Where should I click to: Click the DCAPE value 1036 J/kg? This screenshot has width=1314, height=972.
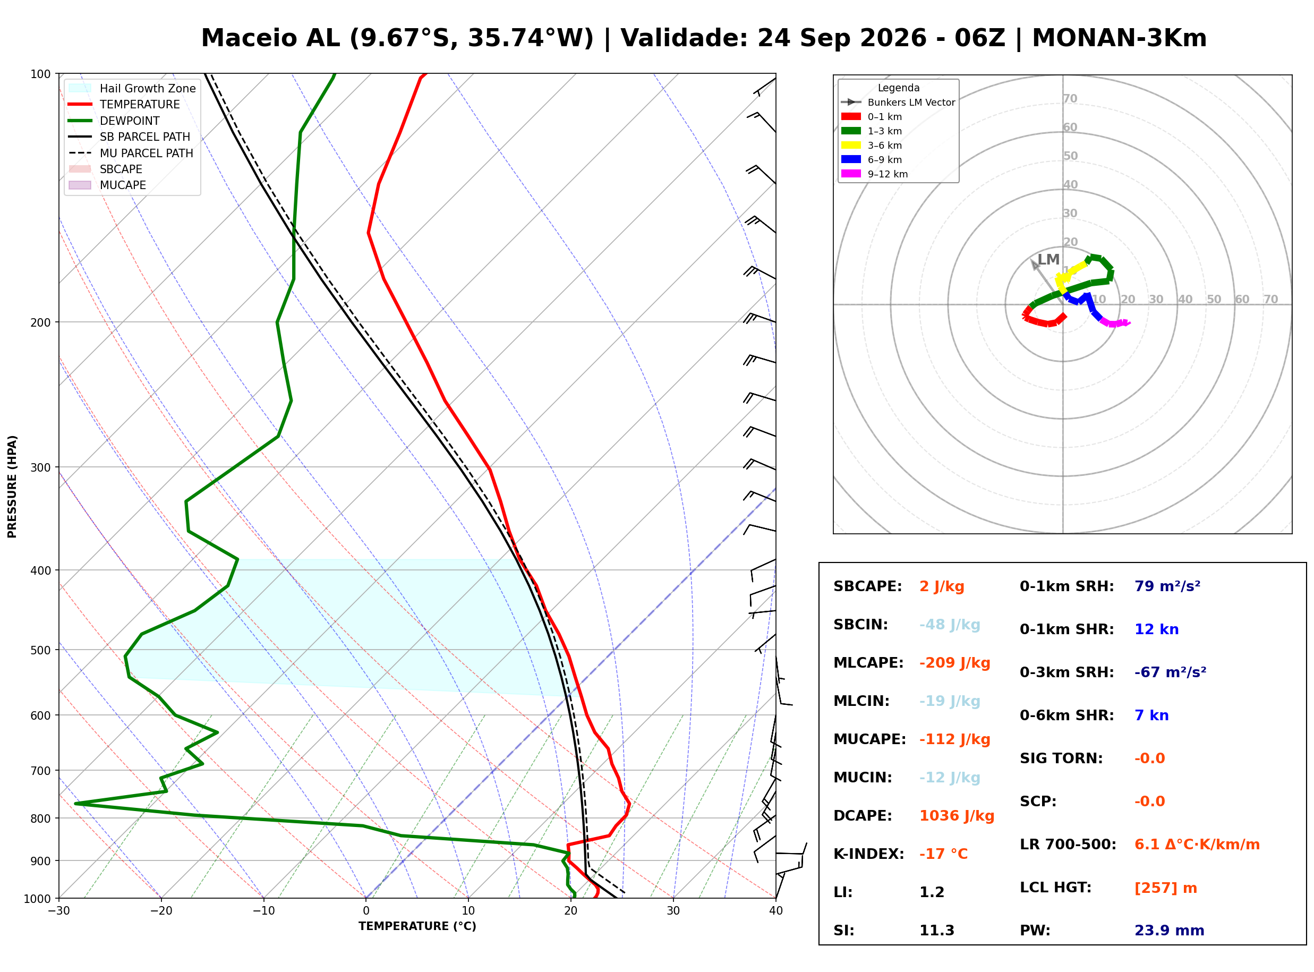coord(957,816)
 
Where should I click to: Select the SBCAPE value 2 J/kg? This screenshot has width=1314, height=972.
coord(942,586)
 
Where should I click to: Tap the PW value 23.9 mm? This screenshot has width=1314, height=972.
coord(1170,931)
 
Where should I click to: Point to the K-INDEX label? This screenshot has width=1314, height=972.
coord(869,854)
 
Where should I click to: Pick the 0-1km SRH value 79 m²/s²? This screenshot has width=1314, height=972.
coord(1167,586)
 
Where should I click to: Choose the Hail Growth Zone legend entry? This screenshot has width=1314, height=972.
coord(132,88)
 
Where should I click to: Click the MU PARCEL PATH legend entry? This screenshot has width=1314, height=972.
coord(131,153)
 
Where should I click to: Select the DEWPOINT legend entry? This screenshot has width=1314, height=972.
coord(114,121)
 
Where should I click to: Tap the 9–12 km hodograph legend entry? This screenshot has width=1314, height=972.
coord(875,174)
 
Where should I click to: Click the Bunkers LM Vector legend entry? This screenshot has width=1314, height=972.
coord(898,103)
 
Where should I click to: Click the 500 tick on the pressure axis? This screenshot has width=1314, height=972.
coord(40,650)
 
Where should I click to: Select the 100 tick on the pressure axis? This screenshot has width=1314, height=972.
coord(40,74)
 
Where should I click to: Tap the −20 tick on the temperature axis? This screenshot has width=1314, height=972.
coord(161,911)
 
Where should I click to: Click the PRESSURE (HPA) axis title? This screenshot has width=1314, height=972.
coord(12,487)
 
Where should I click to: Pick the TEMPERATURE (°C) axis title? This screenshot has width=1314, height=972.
coord(417,926)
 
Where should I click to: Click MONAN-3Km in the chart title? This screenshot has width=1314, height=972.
coord(1119,38)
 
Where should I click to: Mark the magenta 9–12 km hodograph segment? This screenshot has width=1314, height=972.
coord(1115,322)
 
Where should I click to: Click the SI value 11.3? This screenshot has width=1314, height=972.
coord(937,931)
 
